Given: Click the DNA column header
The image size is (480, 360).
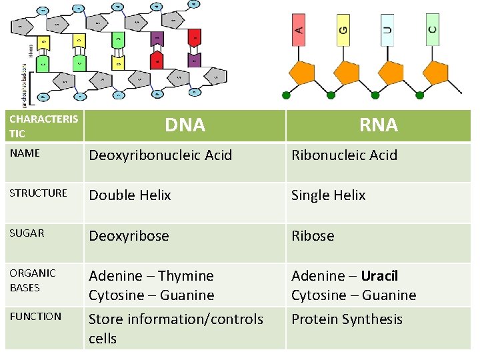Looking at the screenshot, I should pyautogui.click(x=185, y=125).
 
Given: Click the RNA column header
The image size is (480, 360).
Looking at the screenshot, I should pyautogui.click(x=378, y=125).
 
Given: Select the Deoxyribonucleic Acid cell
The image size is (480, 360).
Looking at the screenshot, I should pyautogui.click(x=160, y=155).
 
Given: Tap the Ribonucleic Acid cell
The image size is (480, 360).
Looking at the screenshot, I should pyautogui.click(x=344, y=155).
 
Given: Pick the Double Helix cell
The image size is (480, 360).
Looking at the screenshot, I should pyautogui.click(x=130, y=195).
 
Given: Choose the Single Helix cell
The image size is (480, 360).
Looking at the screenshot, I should pyautogui.click(x=328, y=195).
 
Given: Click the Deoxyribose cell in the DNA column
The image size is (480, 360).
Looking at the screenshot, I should pyautogui.click(x=129, y=236).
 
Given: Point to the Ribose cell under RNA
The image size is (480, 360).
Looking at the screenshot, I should pyautogui.click(x=313, y=236).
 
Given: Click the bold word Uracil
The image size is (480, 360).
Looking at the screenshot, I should pyautogui.click(x=379, y=276).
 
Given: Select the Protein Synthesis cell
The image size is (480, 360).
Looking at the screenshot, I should pyautogui.click(x=347, y=319).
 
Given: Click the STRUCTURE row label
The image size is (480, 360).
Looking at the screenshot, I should pyautogui.click(x=38, y=193).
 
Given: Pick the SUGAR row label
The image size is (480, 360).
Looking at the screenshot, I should pyautogui.click(x=27, y=233).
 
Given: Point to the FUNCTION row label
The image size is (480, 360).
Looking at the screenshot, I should pyautogui.click(x=36, y=317).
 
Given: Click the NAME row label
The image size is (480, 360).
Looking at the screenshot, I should pyautogui.click(x=25, y=153).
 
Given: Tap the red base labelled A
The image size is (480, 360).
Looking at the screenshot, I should pyautogui.click(x=299, y=30).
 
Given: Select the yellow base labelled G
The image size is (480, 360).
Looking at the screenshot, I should pyautogui.click(x=343, y=30).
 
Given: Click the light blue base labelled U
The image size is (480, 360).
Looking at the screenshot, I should pyautogui.click(x=387, y=30).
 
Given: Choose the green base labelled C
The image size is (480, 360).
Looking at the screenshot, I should pyautogui.click(x=433, y=30).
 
